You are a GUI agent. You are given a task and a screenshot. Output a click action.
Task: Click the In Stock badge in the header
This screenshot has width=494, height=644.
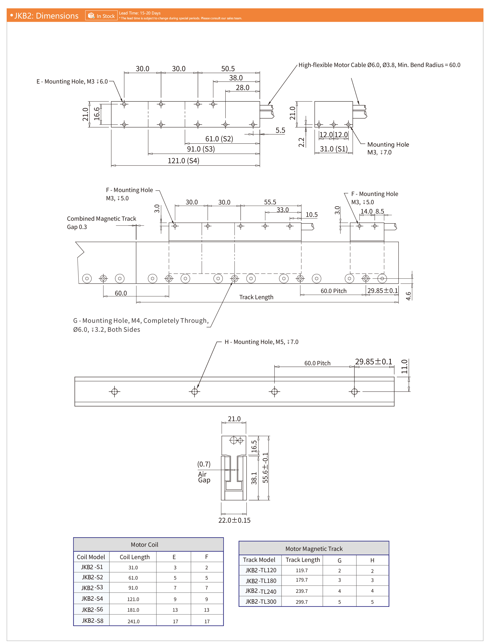(101, 16)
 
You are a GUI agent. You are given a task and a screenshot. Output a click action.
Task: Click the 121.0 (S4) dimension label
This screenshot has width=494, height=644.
(184, 161)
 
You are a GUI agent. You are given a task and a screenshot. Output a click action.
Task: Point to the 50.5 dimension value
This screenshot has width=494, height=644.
(228, 69)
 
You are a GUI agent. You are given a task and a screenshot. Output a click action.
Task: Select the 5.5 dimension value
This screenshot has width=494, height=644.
(280, 130)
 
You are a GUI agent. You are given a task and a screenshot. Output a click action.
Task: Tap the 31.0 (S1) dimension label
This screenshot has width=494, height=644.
(334, 149)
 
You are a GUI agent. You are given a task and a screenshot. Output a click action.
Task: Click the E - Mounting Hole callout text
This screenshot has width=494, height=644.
(72, 81)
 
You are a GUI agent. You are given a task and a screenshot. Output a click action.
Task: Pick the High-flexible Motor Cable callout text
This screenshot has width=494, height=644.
(379, 65)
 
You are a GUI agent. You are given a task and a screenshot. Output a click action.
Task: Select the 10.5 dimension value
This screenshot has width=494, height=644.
(312, 215)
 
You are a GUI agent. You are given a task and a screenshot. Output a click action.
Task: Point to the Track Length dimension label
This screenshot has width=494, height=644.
(256, 297)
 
